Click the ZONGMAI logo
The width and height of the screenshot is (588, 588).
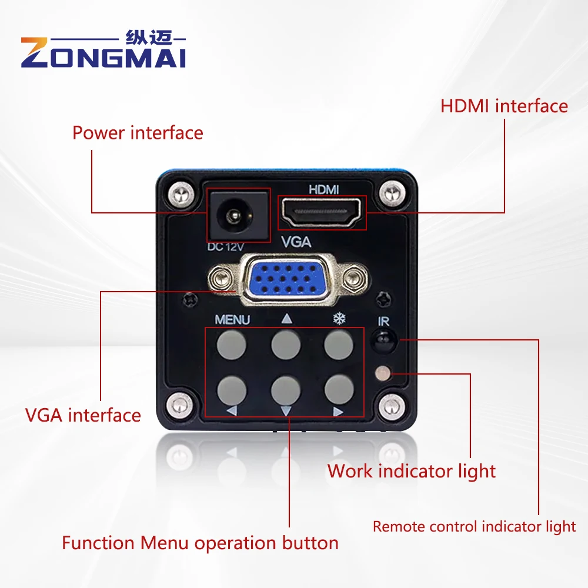click(103, 49)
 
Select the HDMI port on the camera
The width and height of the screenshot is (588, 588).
click(322, 213)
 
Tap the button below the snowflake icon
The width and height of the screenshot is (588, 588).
click(339, 345)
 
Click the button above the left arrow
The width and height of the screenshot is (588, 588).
click(232, 390)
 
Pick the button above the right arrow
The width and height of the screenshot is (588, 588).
click(339, 390)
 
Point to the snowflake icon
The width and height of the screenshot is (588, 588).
click(339, 319)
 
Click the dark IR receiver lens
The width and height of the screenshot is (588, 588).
click(383, 340)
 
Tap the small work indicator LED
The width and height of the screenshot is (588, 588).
click(383, 373)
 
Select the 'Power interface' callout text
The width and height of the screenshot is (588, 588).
click(138, 133)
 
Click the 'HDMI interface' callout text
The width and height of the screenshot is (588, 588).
click(504, 106)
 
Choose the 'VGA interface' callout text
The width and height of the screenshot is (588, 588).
click(83, 415)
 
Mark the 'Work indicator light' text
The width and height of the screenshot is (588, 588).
click(412, 472)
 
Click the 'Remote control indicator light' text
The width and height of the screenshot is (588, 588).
click(474, 527)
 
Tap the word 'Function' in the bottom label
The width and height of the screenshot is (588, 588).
click(98, 543)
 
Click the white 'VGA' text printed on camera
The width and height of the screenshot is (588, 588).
click(296, 242)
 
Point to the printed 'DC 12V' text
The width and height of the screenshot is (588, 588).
click(226, 247)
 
